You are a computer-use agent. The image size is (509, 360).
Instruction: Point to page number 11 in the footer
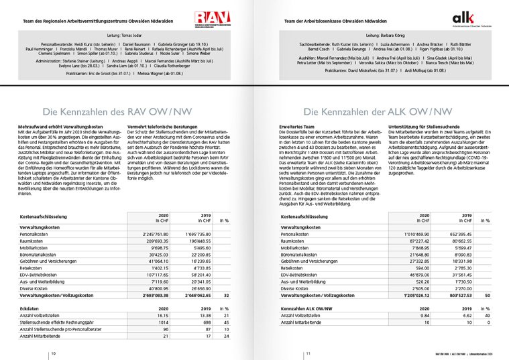pyautogui.click(x=308, y=353)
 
